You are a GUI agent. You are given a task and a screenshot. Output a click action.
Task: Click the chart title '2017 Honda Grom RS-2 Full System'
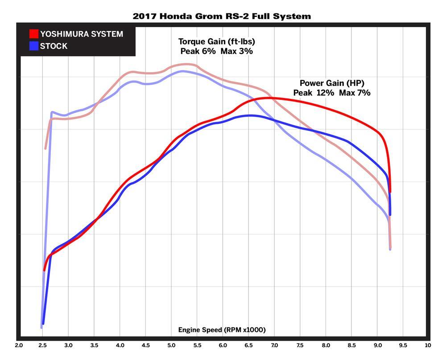pos(222,16)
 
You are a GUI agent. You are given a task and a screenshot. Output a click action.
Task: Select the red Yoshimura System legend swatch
pos(33,34)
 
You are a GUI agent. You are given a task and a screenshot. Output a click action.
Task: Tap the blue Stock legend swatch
pos(33,46)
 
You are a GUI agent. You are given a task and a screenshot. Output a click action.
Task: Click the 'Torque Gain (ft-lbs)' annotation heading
pos(217,41)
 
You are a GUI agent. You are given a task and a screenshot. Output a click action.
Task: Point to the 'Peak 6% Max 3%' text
pos(217,51)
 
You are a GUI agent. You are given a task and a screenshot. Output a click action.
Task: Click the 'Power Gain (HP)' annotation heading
pos(332,83)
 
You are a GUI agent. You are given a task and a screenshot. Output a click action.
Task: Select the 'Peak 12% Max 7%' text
pos(332,93)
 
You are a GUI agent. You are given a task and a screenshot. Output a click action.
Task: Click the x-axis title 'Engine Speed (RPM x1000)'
pos(222,330)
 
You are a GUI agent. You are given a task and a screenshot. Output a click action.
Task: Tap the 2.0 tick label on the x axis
pos(19,345)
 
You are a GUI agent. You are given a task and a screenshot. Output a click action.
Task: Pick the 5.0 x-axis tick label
pos(172,345)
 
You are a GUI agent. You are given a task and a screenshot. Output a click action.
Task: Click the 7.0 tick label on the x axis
pos(274,345)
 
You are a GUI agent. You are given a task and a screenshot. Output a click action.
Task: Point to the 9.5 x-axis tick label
pos(403,345)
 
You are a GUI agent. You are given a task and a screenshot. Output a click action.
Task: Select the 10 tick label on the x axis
pos(428,345)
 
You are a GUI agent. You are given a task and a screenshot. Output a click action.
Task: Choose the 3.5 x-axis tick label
pos(95,345)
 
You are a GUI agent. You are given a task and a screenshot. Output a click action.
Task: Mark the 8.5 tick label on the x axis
pos(351,345)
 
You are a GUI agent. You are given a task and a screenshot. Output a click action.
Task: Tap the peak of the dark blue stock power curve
pos(251,115)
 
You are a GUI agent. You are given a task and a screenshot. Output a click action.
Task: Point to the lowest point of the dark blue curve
pos(43,324)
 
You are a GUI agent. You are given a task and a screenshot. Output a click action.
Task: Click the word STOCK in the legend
pos(54,46)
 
